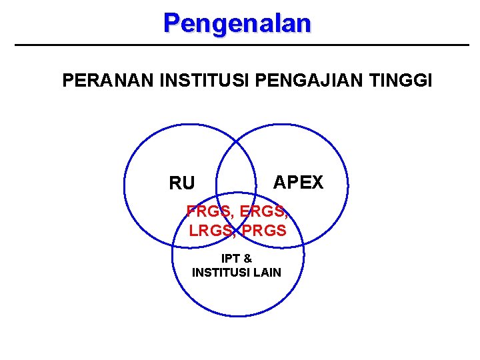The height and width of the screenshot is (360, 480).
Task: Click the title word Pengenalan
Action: click(237, 23)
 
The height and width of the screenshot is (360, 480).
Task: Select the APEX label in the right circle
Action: click(298, 182)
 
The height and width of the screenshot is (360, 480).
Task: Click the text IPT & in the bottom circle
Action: click(237, 259)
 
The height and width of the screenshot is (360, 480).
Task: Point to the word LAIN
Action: click(267, 272)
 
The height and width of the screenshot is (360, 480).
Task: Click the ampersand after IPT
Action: click(247, 259)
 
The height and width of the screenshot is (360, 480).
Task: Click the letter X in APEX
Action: click(316, 182)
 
